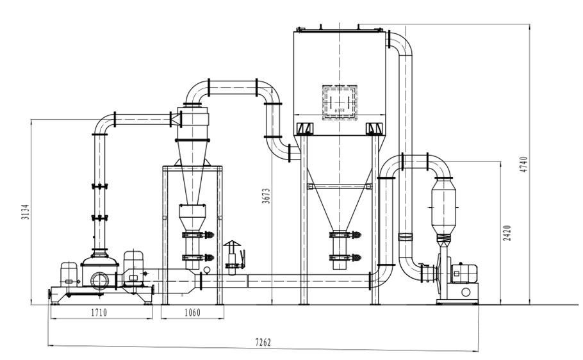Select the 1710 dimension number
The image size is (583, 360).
pyautogui.click(x=99, y=313)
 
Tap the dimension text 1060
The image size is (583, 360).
pyautogui.click(x=192, y=313)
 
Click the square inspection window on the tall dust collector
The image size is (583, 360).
pyautogui.click(x=340, y=103)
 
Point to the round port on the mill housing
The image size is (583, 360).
pyautogui.click(x=100, y=279)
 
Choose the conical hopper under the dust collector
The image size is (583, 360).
pyautogui.click(x=340, y=192)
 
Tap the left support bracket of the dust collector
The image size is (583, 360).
pyautogui.click(x=304, y=129)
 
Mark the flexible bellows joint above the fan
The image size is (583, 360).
pyautogui.click(x=442, y=241)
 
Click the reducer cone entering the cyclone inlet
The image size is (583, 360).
pyautogui.click(x=175, y=119)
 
